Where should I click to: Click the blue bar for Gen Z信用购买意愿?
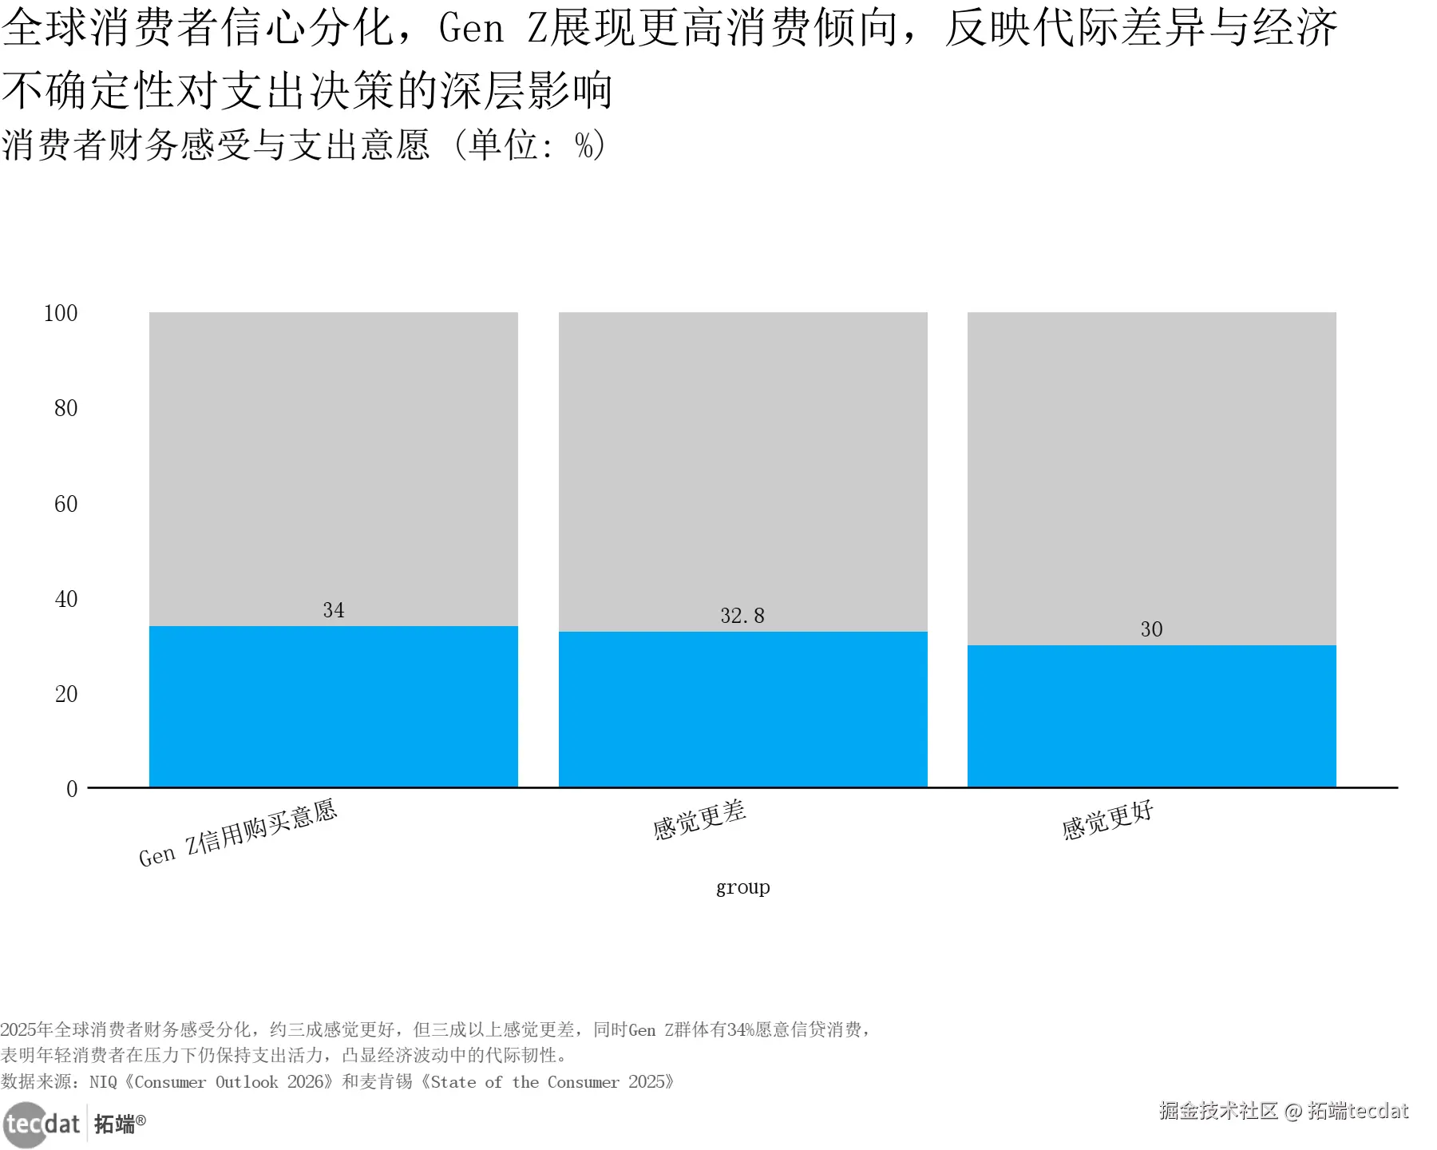click(333, 706)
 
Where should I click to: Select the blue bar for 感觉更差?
click(742, 709)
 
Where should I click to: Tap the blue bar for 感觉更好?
click(1151, 716)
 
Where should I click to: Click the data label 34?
click(334, 610)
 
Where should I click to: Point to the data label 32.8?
click(742, 616)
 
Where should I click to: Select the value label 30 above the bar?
click(1151, 629)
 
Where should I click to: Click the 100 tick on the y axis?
click(61, 313)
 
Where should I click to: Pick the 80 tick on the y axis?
click(65, 408)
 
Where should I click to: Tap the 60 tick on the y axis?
click(65, 504)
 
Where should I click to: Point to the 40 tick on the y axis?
click(65, 599)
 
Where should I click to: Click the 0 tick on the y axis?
click(72, 789)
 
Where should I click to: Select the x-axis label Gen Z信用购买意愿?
click(238, 833)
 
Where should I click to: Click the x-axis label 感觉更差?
click(699, 820)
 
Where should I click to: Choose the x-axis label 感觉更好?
click(1108, 820)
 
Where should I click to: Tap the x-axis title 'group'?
click(742, 887)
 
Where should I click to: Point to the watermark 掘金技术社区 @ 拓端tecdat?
click(1284, 1111)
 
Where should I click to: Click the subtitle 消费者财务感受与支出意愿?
click(216, 145)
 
